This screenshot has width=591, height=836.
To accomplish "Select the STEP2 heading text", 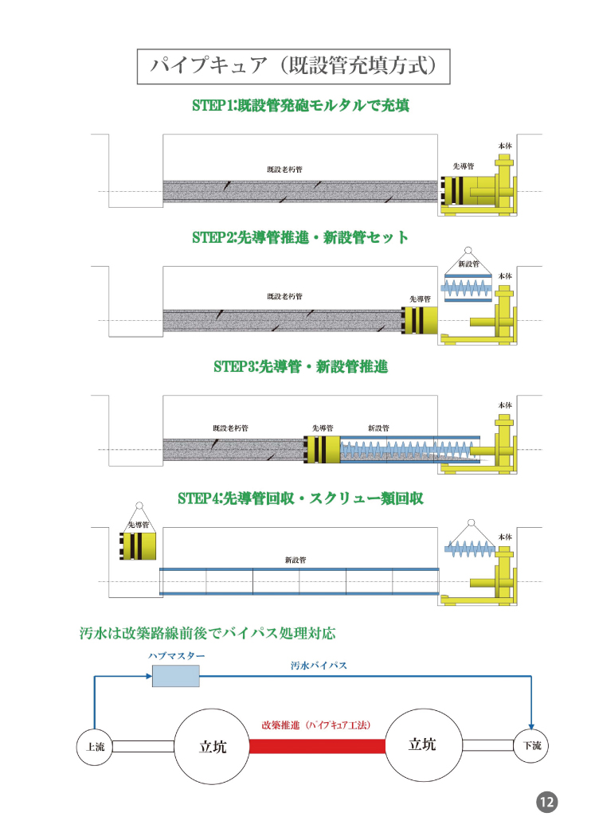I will [300, 237].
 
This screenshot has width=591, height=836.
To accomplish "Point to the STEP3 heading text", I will [300, 367].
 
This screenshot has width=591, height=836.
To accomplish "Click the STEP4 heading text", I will [300, 498].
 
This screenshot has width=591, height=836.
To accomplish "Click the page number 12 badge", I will [546, 802].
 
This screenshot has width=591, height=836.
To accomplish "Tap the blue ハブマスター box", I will [175, 676].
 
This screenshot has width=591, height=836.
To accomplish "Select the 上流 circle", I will [95, 746].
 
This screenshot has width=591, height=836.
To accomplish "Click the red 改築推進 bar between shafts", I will [317, 746].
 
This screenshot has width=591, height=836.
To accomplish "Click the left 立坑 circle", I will [212, 746].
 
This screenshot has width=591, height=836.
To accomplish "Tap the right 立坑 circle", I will [422, 745].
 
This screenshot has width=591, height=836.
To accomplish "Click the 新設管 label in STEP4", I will [295, 560].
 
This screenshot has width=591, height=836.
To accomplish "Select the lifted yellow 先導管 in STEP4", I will [138, 547].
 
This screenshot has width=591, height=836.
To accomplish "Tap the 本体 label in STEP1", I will [505, 146].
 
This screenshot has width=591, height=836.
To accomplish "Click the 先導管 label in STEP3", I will [323, 428].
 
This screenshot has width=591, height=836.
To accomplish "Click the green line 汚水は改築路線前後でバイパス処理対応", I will [207, 634].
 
